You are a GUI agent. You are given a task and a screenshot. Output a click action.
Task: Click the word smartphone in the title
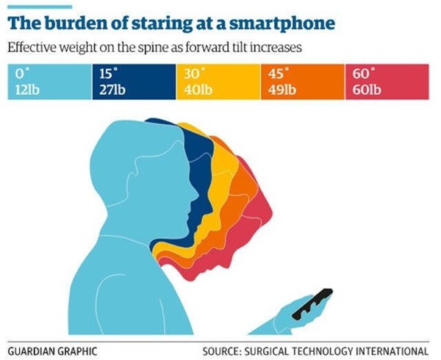286,24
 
